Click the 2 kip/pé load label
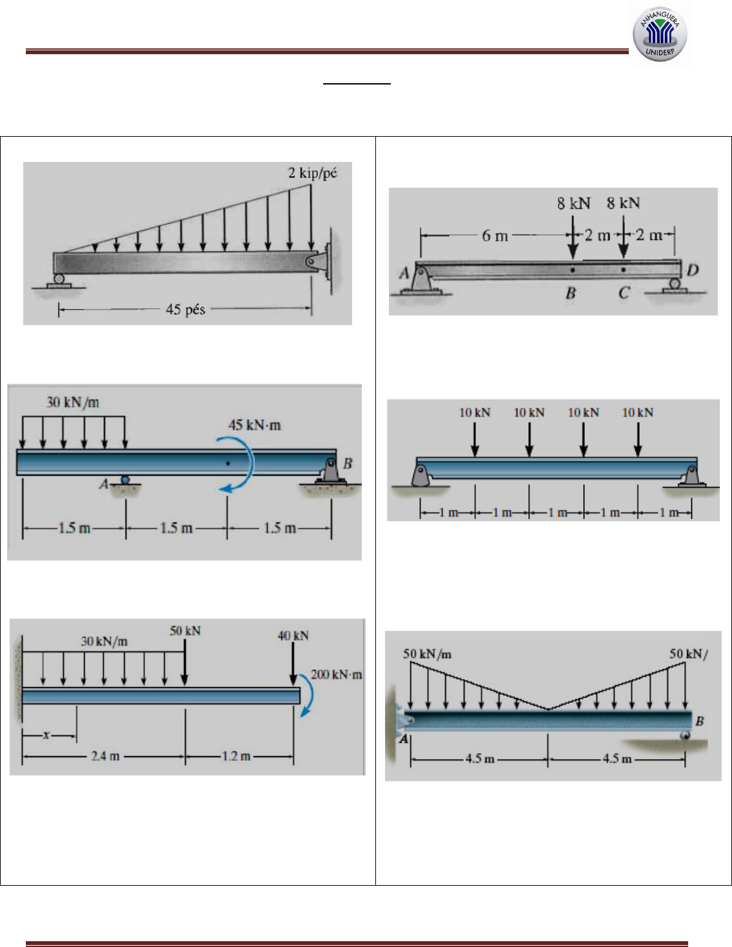tap(312, 173)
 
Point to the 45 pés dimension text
tap(185, 310)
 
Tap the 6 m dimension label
tap(495, 235)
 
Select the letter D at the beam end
tap(693, 270)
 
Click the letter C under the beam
tap(624, 293)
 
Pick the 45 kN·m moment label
tap(255, 425)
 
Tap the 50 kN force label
tap(185, 631)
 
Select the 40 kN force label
tap(293, 636)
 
